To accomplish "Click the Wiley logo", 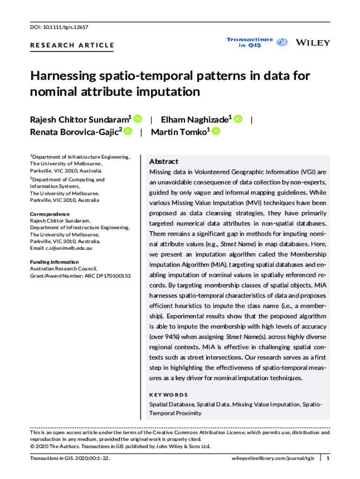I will click(x=313, y=43).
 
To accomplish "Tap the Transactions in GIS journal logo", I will click(x=250, y=42).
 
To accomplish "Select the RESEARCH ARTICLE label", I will click(x=72, y=45).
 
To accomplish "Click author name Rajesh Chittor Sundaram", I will click(x=79, y=119).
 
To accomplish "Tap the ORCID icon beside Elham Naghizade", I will click(x=238, y=119).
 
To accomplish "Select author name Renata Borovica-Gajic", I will click(x=75, y=132).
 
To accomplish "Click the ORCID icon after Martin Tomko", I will click(x=216, y=132).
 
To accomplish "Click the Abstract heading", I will click(x=164, y=161).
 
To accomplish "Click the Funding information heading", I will click(x=54, y=262).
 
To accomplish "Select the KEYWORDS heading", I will click(x=168, y=395).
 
